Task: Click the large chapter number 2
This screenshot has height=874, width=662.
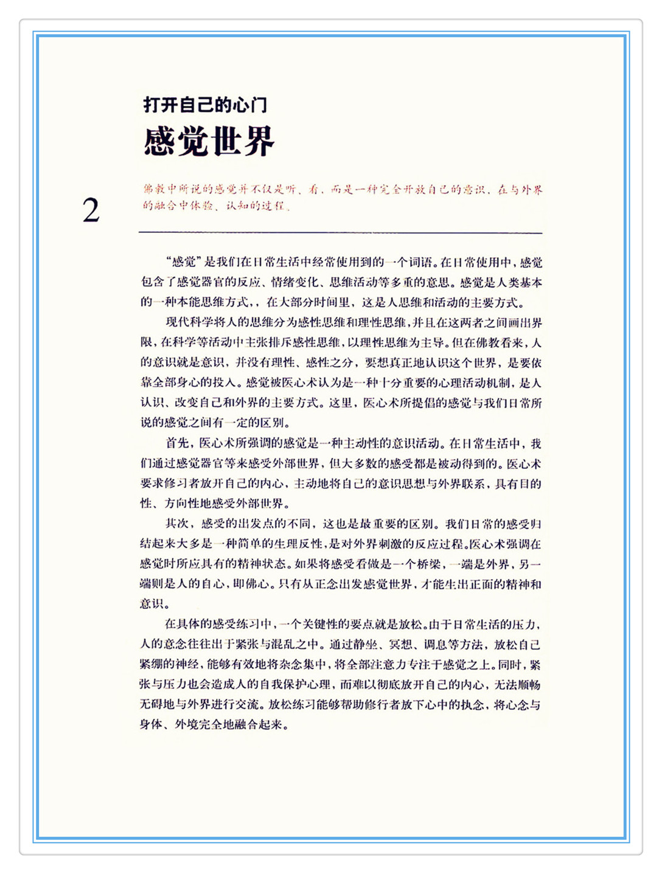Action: [x=91, y=210]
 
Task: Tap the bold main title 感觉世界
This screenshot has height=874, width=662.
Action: [x=209, y=142]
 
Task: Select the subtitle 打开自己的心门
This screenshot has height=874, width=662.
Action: [x=205, y=105]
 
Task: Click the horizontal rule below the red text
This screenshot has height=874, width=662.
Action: [x=340, y=233]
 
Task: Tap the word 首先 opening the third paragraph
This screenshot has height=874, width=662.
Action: [x=176, y=443]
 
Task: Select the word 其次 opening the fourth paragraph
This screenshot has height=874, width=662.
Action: [x=176, y=524]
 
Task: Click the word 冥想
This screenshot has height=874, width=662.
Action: [x=402, y=645]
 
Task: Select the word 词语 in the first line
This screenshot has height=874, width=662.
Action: [x=420, y=263]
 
